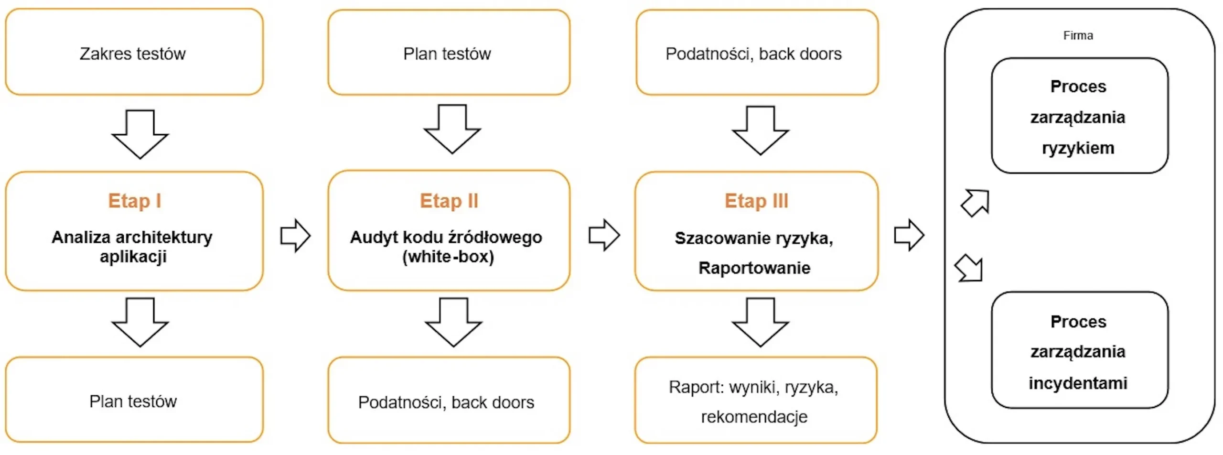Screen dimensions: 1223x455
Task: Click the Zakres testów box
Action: tap(134, 52)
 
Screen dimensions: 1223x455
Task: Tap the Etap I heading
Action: tap(134, 201)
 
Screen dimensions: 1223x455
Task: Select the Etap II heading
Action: tap(449, 201)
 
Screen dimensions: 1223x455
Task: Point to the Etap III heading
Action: tap(756, 201)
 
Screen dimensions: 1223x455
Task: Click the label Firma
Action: tap(1078, 35)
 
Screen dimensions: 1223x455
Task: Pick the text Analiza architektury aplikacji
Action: tap(132, 247)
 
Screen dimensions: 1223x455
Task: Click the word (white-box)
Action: tap(448, 257)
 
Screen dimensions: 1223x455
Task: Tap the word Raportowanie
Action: tap(754, 268)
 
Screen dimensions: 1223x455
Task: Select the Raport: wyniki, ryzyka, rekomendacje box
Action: tap(756, 400)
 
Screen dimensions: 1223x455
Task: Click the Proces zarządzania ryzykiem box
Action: tap(1080, 116)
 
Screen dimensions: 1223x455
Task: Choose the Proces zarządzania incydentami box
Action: tap(1080, 350)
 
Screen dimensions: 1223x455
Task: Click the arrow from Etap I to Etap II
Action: tap(295, 235)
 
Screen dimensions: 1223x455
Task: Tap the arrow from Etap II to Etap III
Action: tap(604, 235)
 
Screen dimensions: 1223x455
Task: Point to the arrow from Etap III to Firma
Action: tap(909, 235)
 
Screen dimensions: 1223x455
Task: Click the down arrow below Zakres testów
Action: tap(140, 134)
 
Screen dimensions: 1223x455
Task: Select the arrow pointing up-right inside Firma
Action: tap(976, 203)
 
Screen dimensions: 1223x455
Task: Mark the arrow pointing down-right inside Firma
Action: tap(969, 268)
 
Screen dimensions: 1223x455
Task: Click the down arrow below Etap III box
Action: tap(761, 322)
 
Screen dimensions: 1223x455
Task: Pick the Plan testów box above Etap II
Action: tap(449, 52)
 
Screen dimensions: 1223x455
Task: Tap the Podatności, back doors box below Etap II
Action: tap(449, 400)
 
